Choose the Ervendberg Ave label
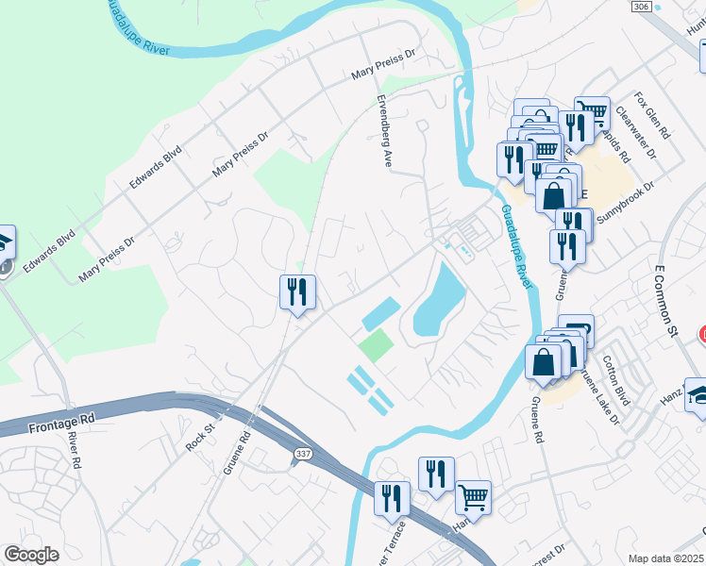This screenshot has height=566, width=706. [385, 142]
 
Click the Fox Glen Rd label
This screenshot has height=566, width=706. [652, 115]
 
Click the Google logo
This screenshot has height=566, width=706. [31, 555]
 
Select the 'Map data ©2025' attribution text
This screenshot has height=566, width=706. [666, 558]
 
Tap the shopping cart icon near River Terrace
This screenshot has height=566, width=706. [473, 496]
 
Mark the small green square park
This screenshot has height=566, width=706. [376, 344]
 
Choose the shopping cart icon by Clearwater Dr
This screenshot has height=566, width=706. [592, 113]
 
